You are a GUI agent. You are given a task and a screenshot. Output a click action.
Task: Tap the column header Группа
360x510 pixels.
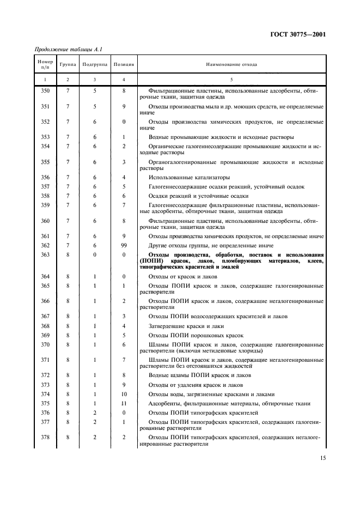pos(68,64)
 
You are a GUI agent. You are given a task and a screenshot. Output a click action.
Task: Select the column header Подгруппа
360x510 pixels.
pos(95,64)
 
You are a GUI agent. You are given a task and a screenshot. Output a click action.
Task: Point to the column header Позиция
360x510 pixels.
pos(124,64)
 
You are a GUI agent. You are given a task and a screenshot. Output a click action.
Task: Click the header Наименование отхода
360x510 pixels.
pos(231,64)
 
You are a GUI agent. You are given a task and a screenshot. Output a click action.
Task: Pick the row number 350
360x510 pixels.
pos(45,90)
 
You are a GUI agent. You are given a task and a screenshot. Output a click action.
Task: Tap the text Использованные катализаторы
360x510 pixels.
pos(189,177)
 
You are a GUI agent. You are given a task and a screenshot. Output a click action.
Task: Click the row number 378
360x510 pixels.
pos(45,437)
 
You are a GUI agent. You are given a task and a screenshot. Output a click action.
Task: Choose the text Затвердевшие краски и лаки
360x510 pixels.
pos(186,326)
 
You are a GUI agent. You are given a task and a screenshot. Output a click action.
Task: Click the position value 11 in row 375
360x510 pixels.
pos(124,403)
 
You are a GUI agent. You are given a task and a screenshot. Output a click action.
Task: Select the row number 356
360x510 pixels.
pos(45,177)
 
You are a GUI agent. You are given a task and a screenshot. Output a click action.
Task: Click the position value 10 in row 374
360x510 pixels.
pos(124,394)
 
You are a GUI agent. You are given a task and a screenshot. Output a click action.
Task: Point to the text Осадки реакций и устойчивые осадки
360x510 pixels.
pos(198,196)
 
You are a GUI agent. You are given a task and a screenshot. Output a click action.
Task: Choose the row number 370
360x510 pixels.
pos(45,344)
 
